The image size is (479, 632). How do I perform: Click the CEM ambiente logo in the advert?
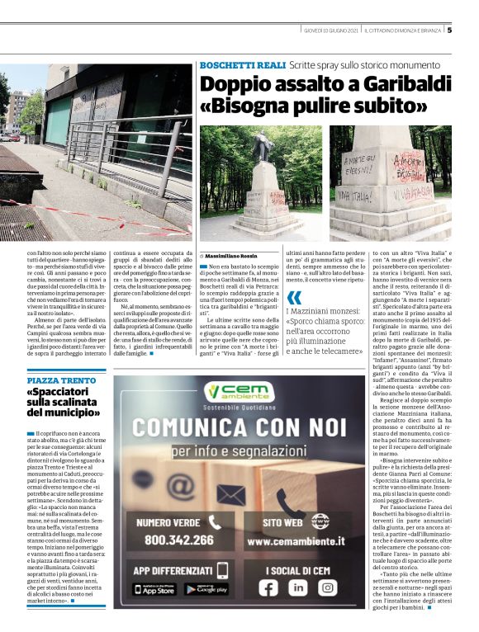click(242, 392)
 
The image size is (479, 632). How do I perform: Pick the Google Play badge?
click(206, 589)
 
